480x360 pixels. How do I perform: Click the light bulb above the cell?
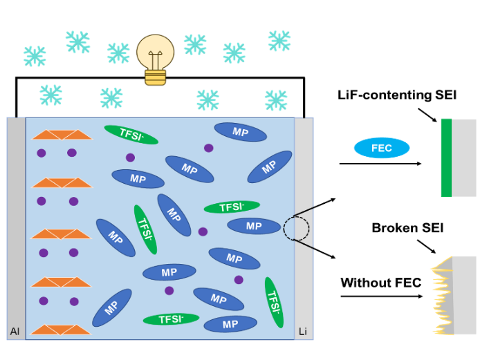(x=156, y=54)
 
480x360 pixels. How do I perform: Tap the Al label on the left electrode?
(x=15, y=332)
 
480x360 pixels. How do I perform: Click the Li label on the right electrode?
(x=303, y=332)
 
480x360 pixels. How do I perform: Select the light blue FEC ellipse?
(x=382, y=148)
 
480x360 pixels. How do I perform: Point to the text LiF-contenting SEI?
(x=397, y=95)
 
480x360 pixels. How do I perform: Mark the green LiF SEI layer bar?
(x=446, y=158)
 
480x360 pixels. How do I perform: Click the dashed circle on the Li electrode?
(x=293, y=228)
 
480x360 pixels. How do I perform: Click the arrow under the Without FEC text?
(x=380, y=296)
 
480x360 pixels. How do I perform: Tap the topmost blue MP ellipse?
(x=240, y=131)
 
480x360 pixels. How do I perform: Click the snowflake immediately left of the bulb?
(x=118, y=53)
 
